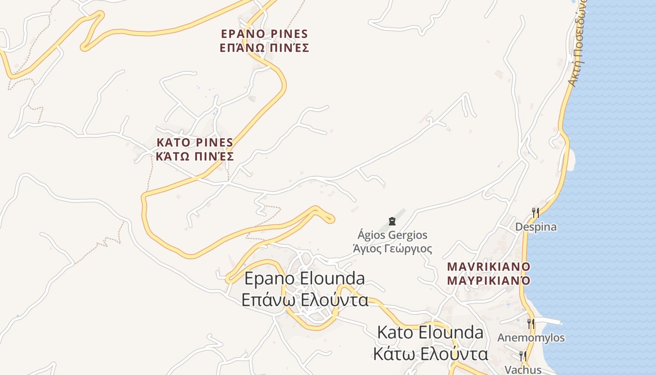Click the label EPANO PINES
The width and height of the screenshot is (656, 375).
pyautogui.click(x=264, y=34)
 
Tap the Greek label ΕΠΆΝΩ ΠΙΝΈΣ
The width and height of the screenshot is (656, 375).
pyautogui.click(x=264, y=48)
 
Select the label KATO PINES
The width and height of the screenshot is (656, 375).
pyautogui.click(x=195, y=142)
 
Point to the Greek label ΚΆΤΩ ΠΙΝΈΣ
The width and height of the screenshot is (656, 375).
pyautogui.click(x=195, y=157)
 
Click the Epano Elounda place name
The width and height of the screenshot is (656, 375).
pyautogui.click(x=305, y=278)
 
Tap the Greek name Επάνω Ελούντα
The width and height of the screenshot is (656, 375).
pyautogui.click(x=305, y=300)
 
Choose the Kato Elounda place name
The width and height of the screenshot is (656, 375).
pyautogui.click(x=430, y=332)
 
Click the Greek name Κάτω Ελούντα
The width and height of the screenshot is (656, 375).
pyautogui.click(x=430, y=353)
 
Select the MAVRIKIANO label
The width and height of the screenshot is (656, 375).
pyautogui.click(x=489, y=267)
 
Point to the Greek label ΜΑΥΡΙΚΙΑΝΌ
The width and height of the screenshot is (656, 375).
pyautogui.click(x=489, y=281)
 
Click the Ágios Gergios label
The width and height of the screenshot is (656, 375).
pyautogui.click(x=392, y=235)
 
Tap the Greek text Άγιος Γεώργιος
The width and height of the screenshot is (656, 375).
pyautogui.click(x=392, y=248)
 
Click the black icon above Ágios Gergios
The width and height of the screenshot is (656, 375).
pyautogui.click(x=392, y=221)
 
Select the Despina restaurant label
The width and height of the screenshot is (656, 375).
pyautogui.click(x=536, y=227)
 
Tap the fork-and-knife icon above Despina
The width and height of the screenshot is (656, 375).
pyautogui.click(x=535, y=213)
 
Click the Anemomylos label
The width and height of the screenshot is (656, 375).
pyautogui.click(x=531, y=338)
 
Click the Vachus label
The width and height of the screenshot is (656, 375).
pyautogui.click(x=523, y=369)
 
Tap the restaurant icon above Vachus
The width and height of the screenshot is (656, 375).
pyautogui.click(x=522, y=356)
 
